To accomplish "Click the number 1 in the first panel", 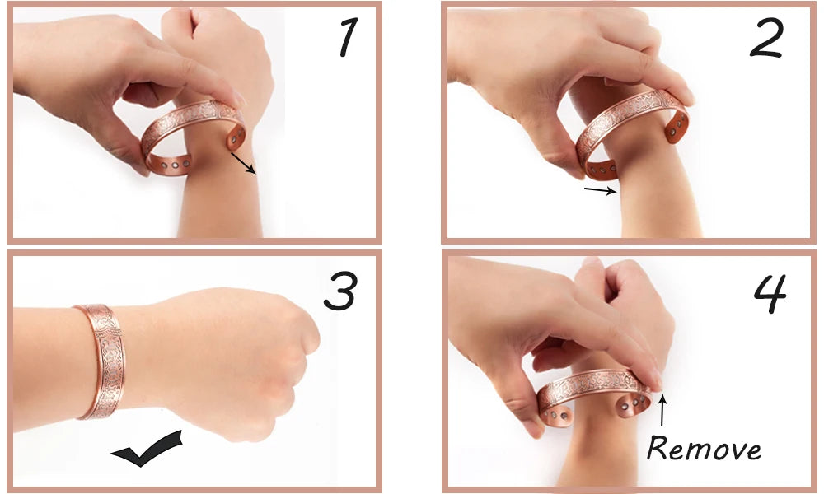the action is click(x=349, y=37).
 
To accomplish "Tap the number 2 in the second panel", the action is click(x=766, y=39).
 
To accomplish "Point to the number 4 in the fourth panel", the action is click(x=770, y=293).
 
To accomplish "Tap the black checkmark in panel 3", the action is click(x=147, y=448).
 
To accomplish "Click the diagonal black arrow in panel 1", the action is click(x=243, y=163).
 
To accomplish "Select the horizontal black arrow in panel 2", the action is click(x=601, y=190).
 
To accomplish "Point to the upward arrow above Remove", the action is click(x=662, y=411).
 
